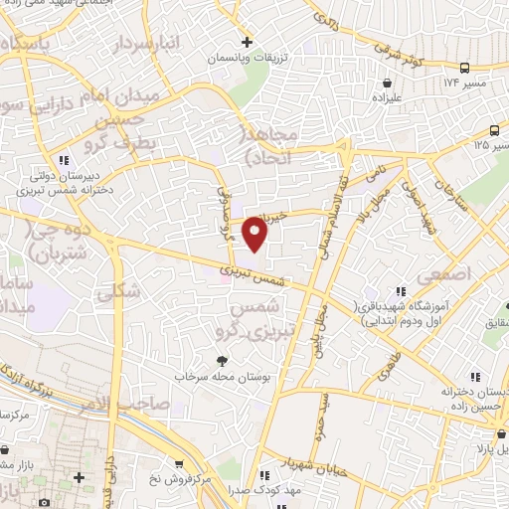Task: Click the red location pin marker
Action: click(256, 233)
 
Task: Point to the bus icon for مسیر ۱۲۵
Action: click(494, 130)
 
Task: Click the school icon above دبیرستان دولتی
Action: click(64, 159)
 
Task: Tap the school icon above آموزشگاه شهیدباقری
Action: click(401, 291)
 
